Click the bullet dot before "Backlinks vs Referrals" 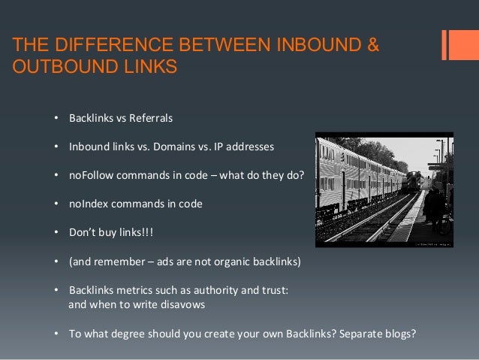point(56,119)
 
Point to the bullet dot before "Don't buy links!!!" point(56,231)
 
